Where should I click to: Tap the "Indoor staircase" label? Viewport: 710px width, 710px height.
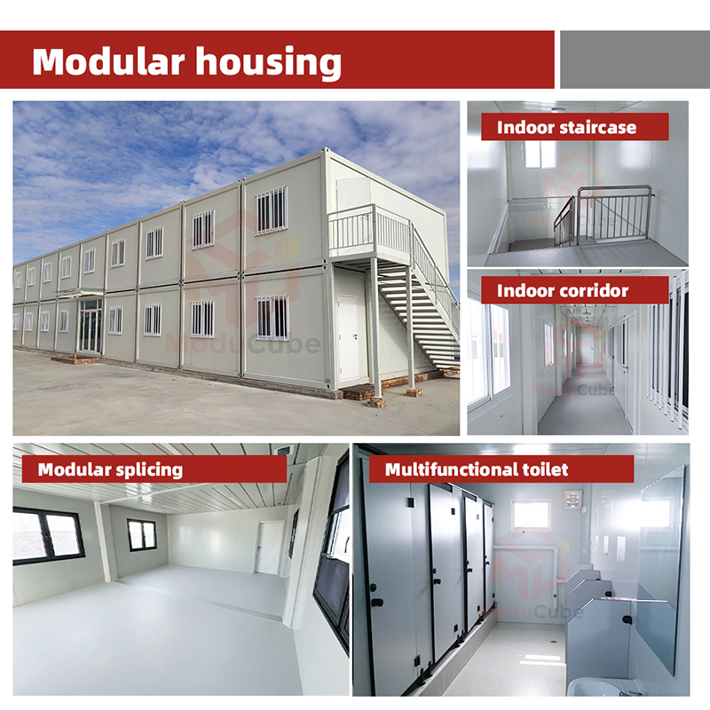(x=566, y=127)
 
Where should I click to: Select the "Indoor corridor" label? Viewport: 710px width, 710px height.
(x=563, y=290)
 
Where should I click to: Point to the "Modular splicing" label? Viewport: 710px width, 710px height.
(x=110, y=469)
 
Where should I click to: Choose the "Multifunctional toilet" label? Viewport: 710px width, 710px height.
(x=477, y=469)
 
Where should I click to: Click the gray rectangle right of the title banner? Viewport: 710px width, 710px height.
(x=635, y=59)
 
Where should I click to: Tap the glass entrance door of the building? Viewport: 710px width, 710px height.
(x=90, y=326)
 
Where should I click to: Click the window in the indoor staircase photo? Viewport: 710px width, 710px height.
(x=540, y=154)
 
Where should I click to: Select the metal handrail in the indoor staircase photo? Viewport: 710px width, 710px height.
(x=612, y=213)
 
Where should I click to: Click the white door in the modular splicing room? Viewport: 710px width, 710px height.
(x=269, y=547)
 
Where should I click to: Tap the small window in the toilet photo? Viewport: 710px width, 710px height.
(x=531, y=515)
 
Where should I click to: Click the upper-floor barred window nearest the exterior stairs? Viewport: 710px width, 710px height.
(x=272, y=210)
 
